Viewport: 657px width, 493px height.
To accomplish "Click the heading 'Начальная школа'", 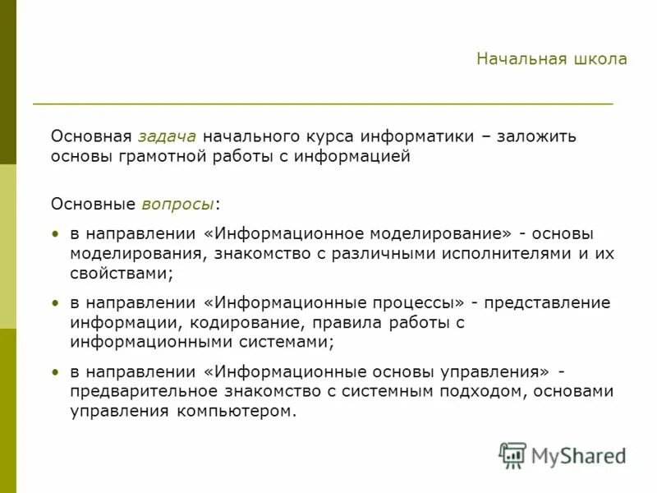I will click(551, 59).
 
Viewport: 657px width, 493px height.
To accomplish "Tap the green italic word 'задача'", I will click(167, 136).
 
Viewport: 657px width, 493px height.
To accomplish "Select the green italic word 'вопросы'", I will click(178, 203).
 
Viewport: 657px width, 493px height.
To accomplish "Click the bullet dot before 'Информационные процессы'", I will click(55, 303).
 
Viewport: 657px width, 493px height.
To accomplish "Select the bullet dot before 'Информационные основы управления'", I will click(55, 372).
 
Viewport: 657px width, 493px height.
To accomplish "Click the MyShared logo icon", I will click(512, 454).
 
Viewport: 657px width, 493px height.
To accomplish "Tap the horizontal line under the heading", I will click(323, 104).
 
